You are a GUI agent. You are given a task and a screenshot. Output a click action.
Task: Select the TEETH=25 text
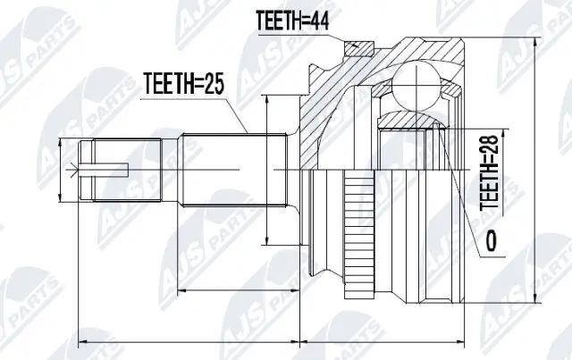click(x=183, y=85)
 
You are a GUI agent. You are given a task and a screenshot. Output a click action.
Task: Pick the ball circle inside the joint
click(x=419, y=88)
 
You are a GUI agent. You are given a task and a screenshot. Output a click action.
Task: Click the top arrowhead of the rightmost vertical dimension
click(x=534, y=41)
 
